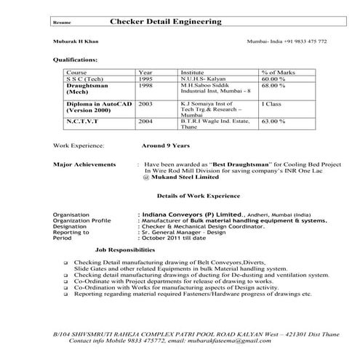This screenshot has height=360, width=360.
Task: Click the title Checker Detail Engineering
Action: [167, 23]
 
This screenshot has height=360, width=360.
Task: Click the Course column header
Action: [76, 73]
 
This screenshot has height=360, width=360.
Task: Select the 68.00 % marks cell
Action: [273, 86]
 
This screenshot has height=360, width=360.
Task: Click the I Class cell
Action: [271, 105]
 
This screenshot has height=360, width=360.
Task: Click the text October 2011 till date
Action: [173, 238]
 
